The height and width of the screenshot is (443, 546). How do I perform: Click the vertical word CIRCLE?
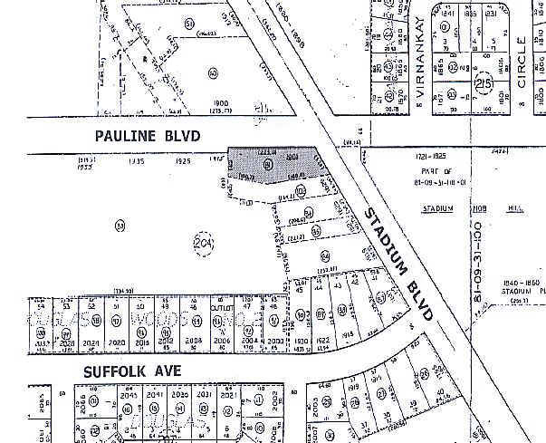coord(522,63)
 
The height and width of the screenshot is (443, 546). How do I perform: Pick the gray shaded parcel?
coord(272,165)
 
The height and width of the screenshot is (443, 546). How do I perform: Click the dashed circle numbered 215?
coord(485,79)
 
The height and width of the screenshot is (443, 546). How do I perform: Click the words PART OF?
coord(434,172)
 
